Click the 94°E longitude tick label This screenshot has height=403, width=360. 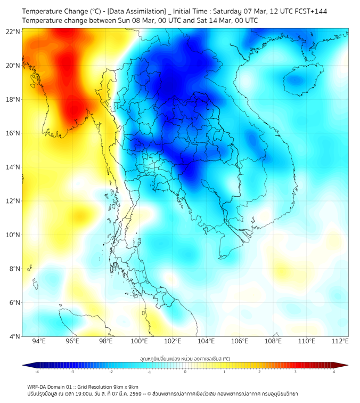click(x=39, y=341)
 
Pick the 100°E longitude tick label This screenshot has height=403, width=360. click(x=140, y=341)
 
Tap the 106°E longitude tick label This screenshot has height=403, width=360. click(x=240, y=341)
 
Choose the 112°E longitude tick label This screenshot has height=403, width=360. click(x=340, y=341)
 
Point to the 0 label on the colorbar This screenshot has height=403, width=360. click(x=185, y=372)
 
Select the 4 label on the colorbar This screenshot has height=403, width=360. click(x=334, y=372)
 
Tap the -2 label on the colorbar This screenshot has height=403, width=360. click(x=111, y=372)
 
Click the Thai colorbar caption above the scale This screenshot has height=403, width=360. click(x=185, y=358)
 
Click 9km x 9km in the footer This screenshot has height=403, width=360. click(x=126, y=386)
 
